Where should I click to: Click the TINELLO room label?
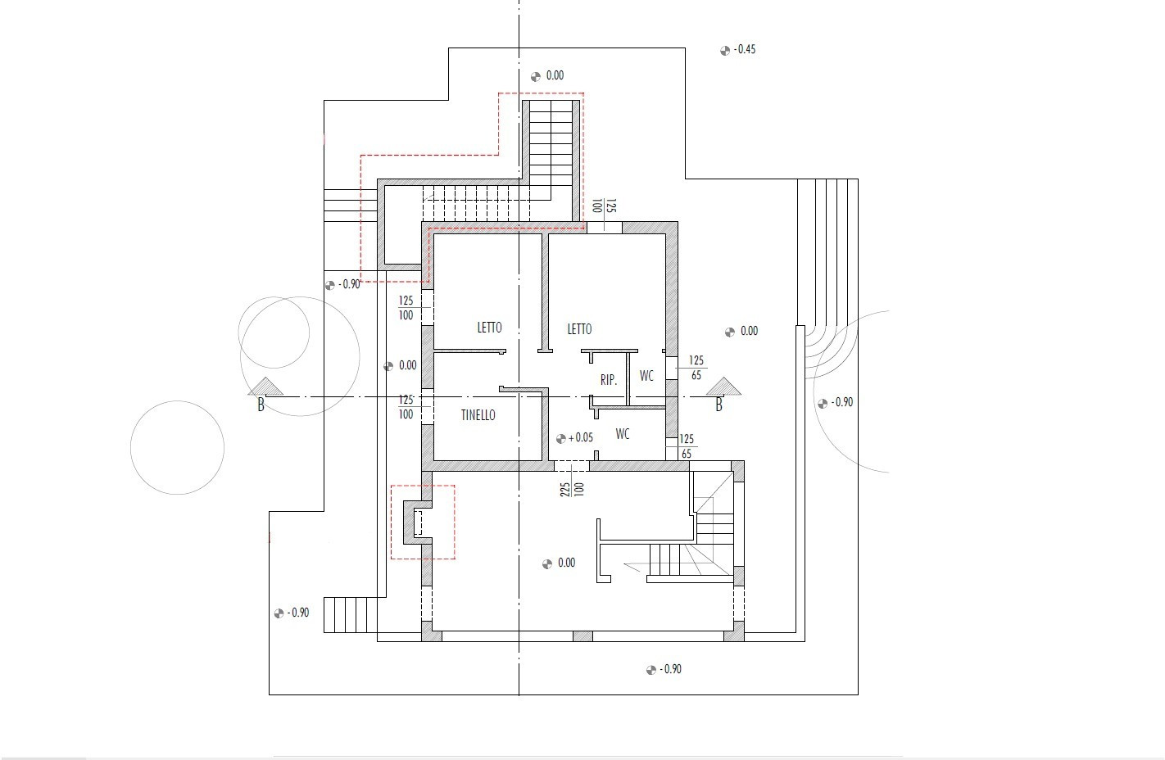478,415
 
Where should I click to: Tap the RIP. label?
609,380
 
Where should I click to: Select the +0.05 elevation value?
580,437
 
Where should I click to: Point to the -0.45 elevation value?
744,49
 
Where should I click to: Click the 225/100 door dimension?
572,489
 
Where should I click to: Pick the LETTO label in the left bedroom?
489,328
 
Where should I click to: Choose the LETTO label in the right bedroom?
579,329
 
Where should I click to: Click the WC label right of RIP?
646,376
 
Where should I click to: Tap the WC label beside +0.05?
623,434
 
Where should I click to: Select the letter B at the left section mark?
261,405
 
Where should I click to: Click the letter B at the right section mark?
718,405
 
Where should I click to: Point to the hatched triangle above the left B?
265,387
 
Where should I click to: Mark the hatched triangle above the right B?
723,387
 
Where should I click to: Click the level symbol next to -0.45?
725,51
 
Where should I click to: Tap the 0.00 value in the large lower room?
566,563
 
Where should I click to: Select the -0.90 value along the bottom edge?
670,669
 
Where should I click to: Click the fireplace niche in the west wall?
418,522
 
